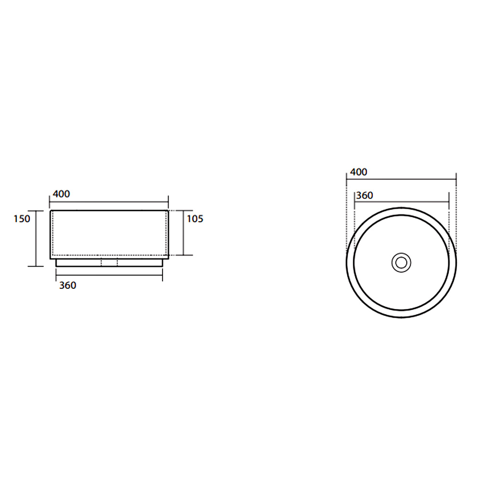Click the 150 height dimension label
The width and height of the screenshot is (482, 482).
pyautogui.click(x=22, y=219)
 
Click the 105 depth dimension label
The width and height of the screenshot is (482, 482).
pyautogui.click(x=195, y=219)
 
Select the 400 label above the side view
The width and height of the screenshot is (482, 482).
pyautogui.click(x=61, y=194)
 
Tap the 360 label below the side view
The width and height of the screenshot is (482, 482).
pyautogui.click(x=67, y=285)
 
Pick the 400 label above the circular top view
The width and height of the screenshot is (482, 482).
pyautogui.click(x=359, y=172)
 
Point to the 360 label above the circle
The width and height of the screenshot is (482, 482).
pyautogui.click(x=364, y=196)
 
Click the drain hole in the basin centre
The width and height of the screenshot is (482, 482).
pyautogui.click(x=401, y=263)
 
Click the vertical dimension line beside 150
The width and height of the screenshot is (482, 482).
pyautogui.click(x=36, y=239)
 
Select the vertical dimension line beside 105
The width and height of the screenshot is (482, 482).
pyautogui.click(x=184, y=233)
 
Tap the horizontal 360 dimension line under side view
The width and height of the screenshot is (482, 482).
pyautogui.click(x=109, y=275)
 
